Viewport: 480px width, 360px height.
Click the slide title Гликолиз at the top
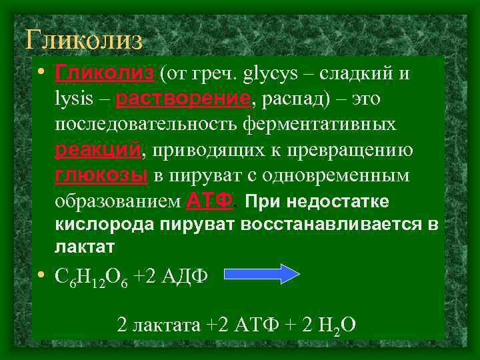click(84, 40)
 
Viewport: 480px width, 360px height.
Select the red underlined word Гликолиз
click(105, 72)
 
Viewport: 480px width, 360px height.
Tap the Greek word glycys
click(273, 73)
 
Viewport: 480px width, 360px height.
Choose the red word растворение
click(183, 99)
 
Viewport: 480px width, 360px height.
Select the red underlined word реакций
click(98, 151)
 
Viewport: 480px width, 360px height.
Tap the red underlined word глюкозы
click(101, 176)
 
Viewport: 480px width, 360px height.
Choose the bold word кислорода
click(103, 225)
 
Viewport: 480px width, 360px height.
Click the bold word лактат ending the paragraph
click(85, 247)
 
